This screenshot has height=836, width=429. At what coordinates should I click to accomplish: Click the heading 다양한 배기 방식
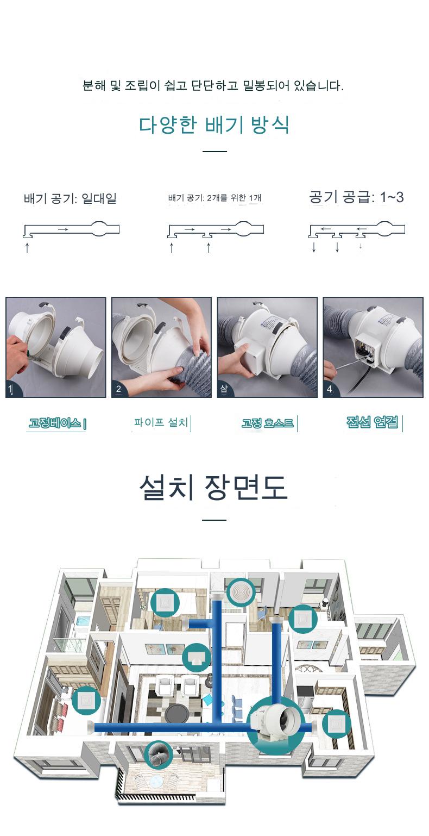214,124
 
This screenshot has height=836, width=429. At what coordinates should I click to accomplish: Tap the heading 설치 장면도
213,488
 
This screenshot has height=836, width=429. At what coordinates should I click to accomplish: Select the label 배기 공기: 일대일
70,198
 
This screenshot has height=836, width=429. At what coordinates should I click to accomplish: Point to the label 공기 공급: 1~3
356,197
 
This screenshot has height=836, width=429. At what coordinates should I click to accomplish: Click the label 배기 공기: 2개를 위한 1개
214,197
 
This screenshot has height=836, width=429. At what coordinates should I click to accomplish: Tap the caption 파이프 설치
161,422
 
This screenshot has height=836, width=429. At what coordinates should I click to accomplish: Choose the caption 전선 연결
372,422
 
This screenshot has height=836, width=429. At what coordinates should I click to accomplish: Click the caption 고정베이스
55,423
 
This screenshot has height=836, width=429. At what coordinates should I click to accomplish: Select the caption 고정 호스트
267,423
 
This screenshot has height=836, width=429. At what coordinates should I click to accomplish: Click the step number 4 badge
330,389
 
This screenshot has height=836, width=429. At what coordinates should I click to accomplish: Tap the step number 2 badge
118,389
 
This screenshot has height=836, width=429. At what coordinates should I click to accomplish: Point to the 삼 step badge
224,389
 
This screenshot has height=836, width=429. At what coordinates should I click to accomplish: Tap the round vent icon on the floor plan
241,592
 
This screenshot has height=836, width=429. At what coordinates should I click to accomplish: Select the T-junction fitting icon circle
197,658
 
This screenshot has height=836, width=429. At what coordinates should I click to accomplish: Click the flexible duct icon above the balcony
159,754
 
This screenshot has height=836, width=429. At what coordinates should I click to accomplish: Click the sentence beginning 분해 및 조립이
213,86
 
